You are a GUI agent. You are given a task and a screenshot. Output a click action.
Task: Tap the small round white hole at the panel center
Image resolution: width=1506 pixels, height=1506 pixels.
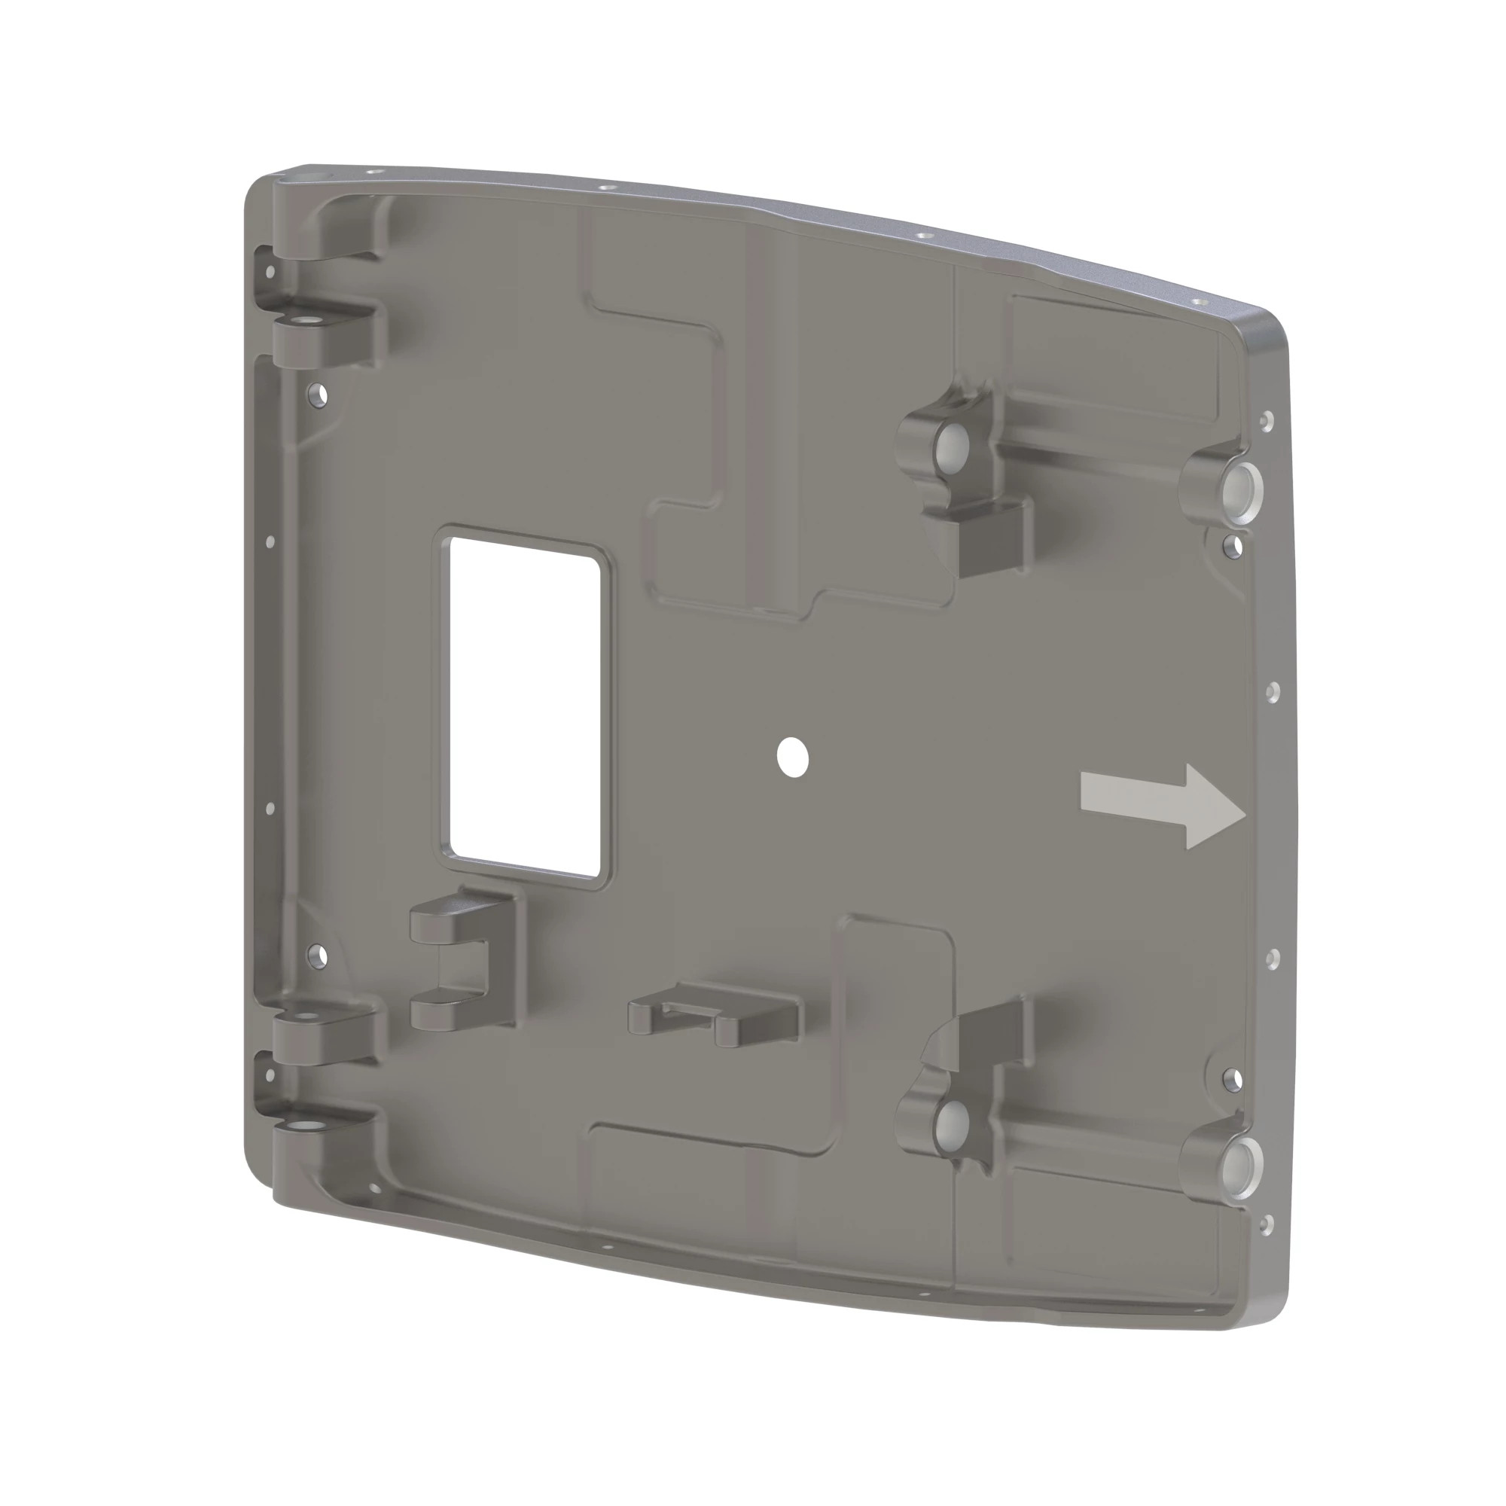[x=793, y=757]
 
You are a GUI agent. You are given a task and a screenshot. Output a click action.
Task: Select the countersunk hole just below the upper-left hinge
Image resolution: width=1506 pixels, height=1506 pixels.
[x=316, y=395]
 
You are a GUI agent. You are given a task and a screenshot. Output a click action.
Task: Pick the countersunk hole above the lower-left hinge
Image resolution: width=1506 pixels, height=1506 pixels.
[x=316, y=954]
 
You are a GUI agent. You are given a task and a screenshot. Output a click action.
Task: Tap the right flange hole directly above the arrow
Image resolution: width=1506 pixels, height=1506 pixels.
[x=1271, y=691]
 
